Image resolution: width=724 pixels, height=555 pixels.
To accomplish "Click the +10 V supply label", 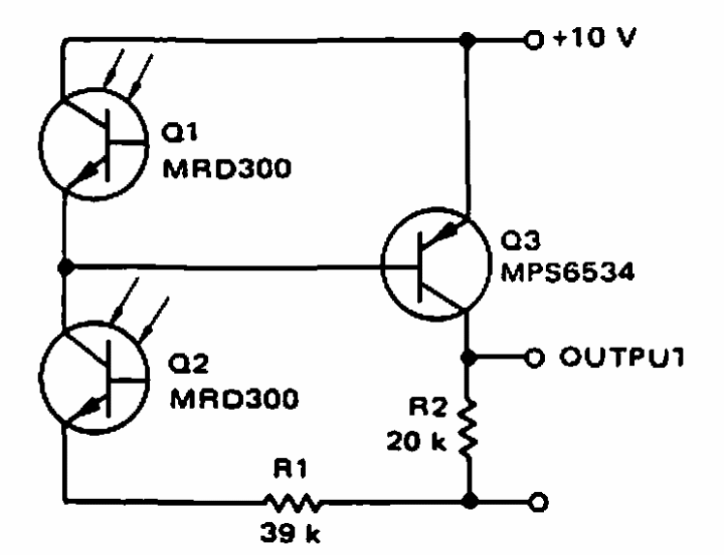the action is [x=595, y=38].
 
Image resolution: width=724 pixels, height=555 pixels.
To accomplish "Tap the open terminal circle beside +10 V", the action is [x=533, y=41].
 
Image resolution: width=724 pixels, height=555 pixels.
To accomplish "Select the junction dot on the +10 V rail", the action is [x=468, y=41].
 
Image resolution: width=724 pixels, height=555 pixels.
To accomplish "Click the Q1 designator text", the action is [x=180, y=132].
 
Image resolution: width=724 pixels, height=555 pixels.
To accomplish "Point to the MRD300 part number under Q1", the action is [x=227, y=168].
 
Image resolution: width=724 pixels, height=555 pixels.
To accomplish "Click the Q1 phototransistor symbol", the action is [x=94, y=144].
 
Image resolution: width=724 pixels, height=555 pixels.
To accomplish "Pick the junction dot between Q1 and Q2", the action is [x=66, y=266].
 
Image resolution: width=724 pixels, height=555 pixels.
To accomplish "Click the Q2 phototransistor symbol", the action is [x=94, y=378].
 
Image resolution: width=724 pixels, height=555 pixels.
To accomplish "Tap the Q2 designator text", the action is [x=189, y=363].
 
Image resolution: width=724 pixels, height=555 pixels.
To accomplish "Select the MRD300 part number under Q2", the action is [x=234, y=398].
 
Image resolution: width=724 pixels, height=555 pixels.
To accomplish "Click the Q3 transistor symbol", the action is [x=437, y=264].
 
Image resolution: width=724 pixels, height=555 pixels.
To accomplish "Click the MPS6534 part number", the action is [x=568, y=272].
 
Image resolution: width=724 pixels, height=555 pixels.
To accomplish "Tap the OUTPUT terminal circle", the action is [x=534, y=357].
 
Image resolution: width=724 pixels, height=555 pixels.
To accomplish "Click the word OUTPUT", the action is [x=622, y=356].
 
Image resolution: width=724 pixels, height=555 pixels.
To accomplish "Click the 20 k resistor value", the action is [x=416, y=442].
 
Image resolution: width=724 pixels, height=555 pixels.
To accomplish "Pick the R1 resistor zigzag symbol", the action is [x=291, y=503].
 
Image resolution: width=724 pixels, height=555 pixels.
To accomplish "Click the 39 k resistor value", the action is [x=290, y=533].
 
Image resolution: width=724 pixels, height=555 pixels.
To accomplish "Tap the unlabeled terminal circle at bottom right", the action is [x=538, y=502].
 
